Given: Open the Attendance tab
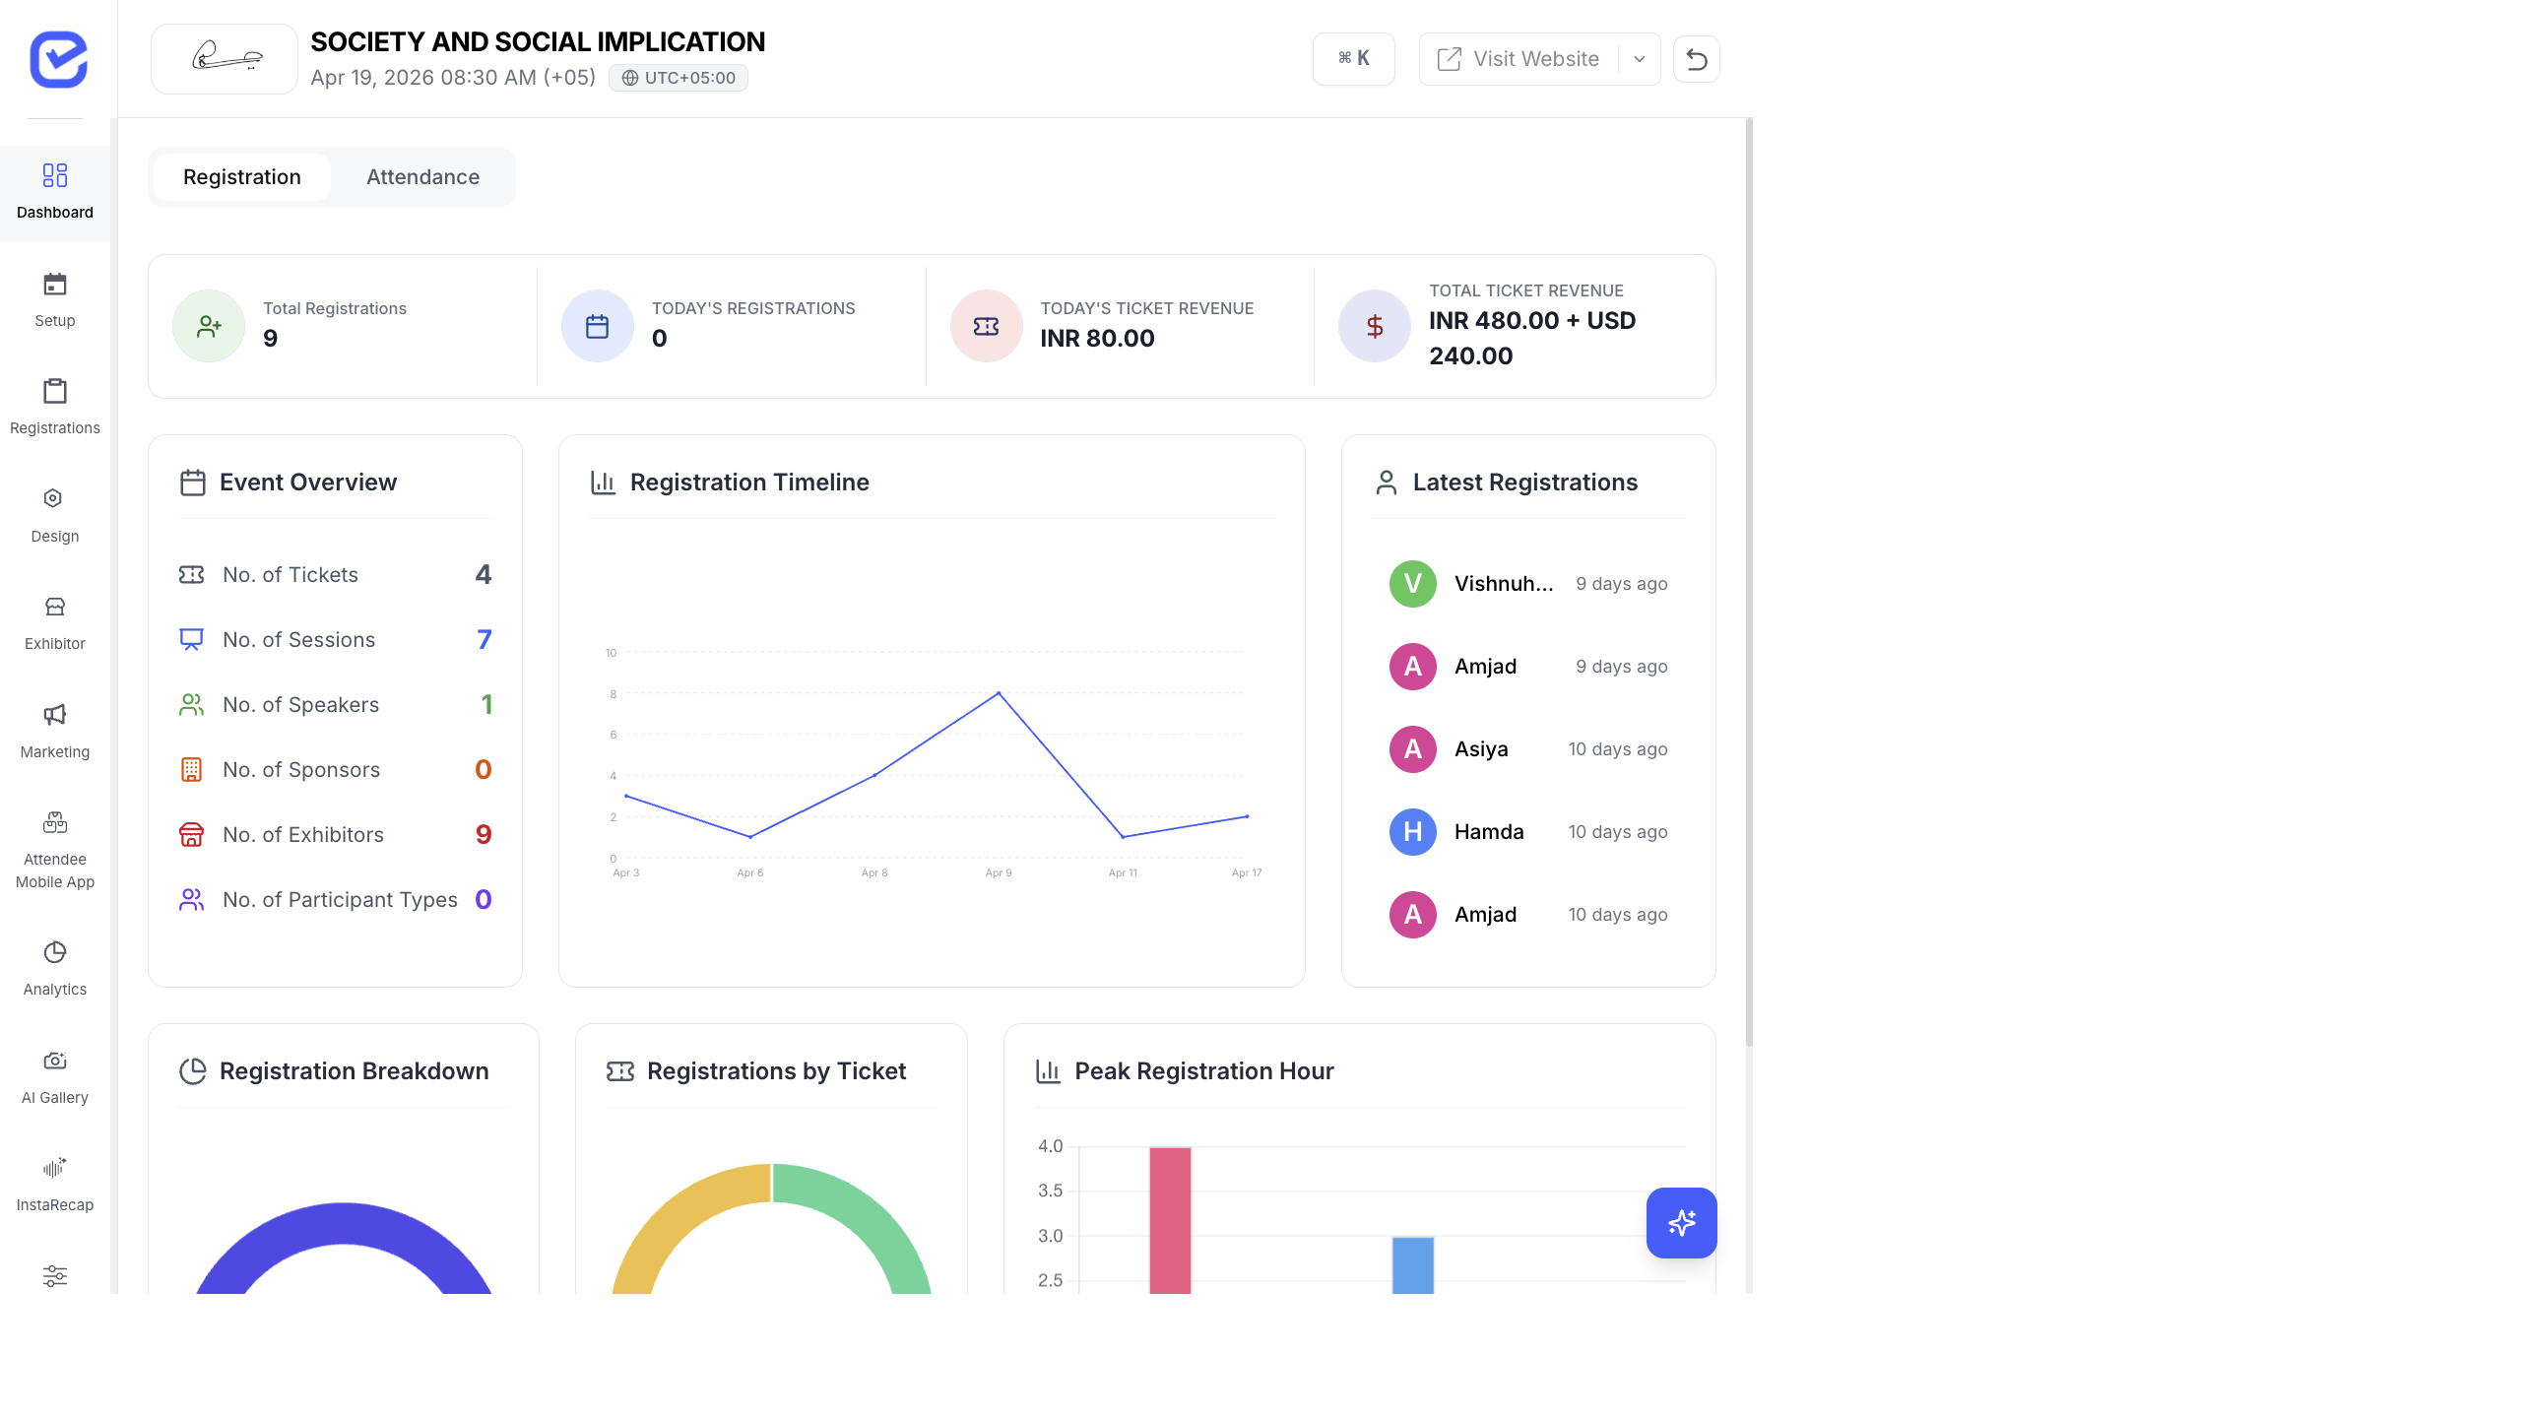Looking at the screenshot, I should (x=422, y=177).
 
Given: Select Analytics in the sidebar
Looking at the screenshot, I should (x=55, y=968).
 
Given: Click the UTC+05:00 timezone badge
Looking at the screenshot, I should (x=679, y=78).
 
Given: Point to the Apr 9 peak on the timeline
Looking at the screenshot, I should (x=999, y=693).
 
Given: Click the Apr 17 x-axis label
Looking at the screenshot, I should (x=1246, y=873).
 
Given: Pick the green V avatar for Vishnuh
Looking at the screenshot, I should (x=1412, y=584).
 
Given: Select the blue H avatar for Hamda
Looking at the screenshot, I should (x=1412, y=832).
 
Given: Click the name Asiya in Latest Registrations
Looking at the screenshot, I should (x=1481, y=749).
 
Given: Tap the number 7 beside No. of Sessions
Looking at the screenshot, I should (x=484, y=640).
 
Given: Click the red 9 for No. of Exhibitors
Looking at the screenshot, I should (x=484, y=835).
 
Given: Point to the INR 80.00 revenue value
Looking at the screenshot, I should (x=1097, y=339).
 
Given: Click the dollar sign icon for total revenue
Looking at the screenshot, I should (x=1375, y=327).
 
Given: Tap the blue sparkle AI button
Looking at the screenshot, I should (x=1681, y=1223).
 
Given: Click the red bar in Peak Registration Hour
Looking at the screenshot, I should (x=1170, y=1221).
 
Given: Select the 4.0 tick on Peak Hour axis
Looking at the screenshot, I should (x=1050, y=1146).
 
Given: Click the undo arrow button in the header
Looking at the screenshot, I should (x=1696, y=59).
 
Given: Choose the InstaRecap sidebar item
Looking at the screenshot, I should (x=55, y=1184).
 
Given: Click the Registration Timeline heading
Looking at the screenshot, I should (x=748, y=483).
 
